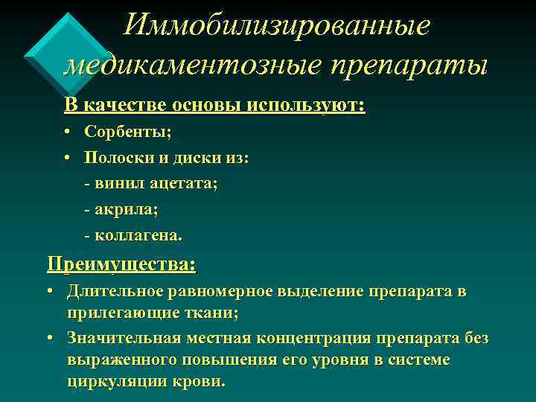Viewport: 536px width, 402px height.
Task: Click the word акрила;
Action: pyautogui.click(x=127, y=209)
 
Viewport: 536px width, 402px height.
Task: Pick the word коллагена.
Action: pyautogui.click(x=138, y=235)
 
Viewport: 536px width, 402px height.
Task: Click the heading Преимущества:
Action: pyautogui.click(x=121, y=264)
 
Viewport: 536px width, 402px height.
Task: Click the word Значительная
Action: pyautogui.click(x=124, y=339)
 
